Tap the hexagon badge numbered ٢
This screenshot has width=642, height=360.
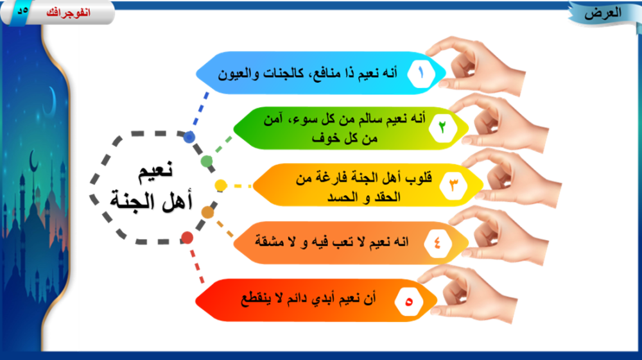(442, 127)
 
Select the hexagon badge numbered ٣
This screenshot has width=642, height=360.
(454, 185)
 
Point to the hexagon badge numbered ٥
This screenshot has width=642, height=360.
(409, 300)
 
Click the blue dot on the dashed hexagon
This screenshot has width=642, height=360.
(189, 137)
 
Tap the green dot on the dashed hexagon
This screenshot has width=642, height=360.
(207, 160)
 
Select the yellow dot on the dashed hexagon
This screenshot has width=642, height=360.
(220, 185)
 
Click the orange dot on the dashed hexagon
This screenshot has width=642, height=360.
(207, 212)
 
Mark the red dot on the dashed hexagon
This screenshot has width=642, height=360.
(187, 237)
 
